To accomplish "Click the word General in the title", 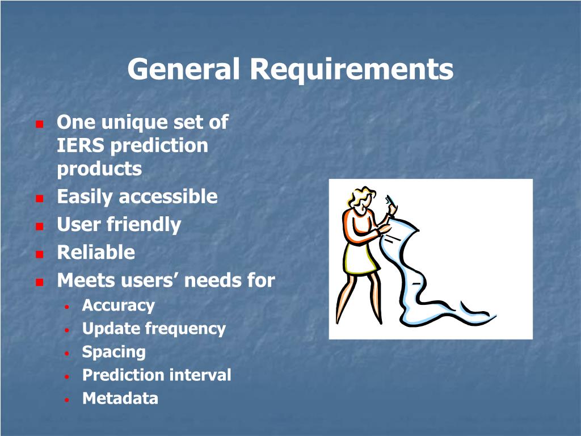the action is (183, 69).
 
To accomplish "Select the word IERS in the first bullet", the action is (81, 145).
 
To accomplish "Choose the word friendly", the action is (144, 225).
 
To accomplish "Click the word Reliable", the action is (96, 253).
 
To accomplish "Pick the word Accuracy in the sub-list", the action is (118, 306).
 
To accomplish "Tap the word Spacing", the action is (113, 353).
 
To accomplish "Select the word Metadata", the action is (120, 399).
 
